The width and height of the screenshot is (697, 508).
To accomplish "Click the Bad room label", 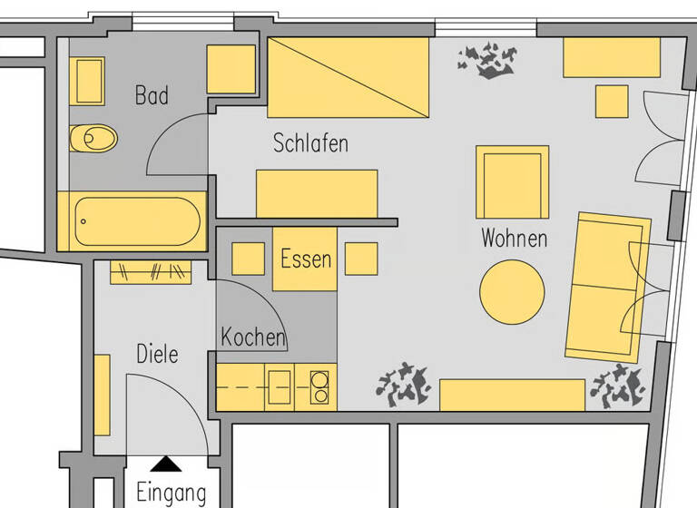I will tap(152, 95).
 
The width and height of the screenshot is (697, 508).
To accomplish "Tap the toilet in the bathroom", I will tap(93, 139).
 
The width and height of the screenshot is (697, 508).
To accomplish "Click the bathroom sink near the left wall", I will tap(89, 82).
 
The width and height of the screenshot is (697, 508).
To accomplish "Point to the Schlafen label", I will tap(310, 143).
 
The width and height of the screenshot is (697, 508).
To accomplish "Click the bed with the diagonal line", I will tap(348, 77).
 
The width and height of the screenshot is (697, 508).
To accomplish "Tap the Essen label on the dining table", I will tap(306, 259).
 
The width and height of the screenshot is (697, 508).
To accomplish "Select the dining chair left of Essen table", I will tap(248, 259).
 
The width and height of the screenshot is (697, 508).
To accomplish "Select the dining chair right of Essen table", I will tap(361, 259).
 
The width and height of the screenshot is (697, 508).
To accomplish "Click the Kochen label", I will tap(253, 337).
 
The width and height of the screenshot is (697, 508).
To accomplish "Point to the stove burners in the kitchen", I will tap(319, 386).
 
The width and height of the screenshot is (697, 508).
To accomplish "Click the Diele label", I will tap(157, 354).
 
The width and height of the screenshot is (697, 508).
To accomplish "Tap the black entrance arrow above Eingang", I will tap(165, 464).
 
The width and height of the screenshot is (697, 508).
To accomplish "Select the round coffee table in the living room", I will tap(512, 292).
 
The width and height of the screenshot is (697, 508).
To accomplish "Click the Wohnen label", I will tap(514, 239).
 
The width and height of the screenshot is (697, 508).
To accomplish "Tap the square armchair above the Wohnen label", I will tap(512, 181).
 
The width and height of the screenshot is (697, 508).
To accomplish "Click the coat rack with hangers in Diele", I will tap(152, 271).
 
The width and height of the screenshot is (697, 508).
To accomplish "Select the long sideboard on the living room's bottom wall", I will tap(512, 395).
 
